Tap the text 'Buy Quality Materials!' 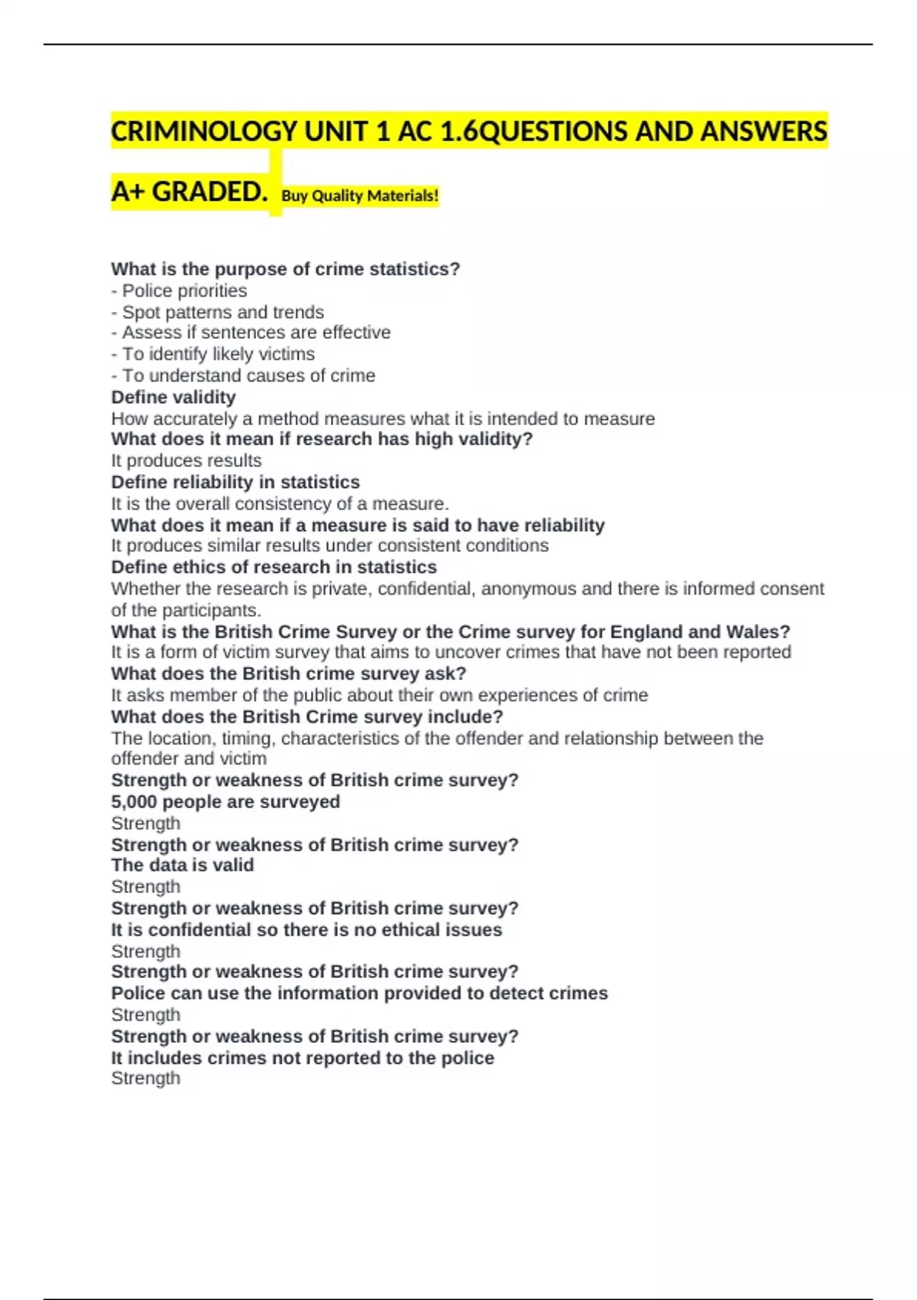tap(360, 196)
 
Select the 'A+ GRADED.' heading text tap(189, 191)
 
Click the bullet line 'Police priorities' tap(184, 291)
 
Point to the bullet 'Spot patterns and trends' tap(222, 312)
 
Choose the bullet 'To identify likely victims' tap(218, 354)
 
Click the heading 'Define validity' tap(173, 397)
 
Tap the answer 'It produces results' tap(186, 460)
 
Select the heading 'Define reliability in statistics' tap(235, 482)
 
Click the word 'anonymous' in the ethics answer tap(528, 589)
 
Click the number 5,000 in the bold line tap(134, 801)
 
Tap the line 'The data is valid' tap(183, 865)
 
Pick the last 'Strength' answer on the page tap(146, 1078)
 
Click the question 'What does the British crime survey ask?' tap(289, 674)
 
